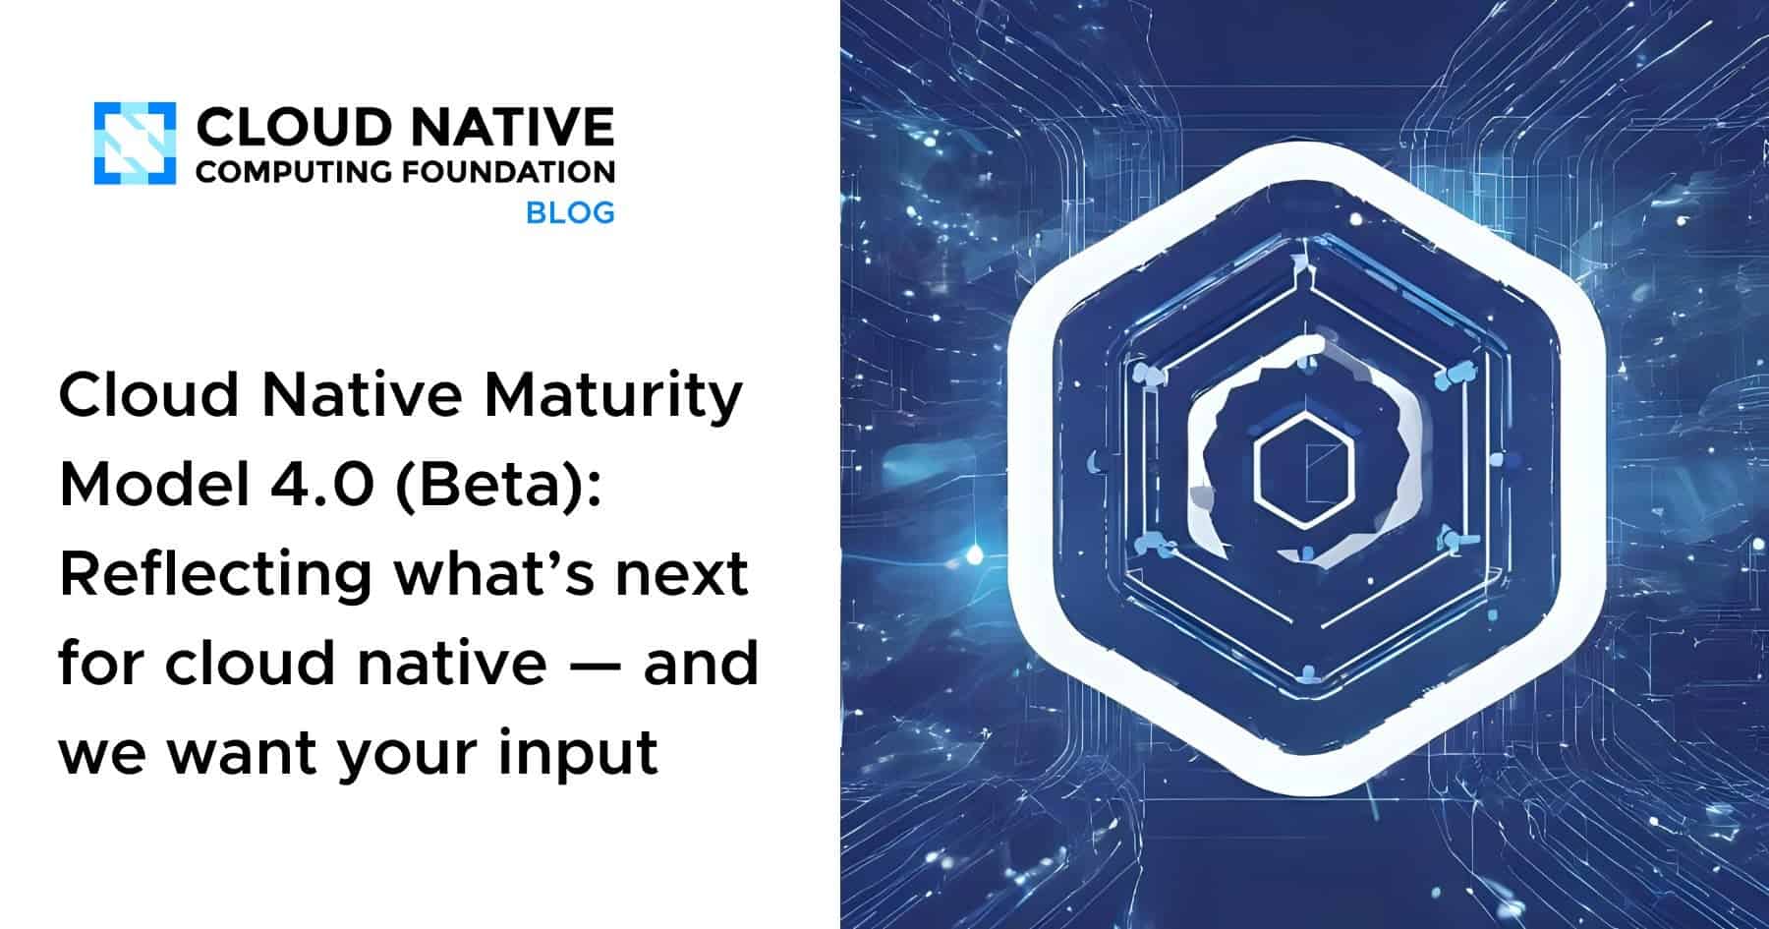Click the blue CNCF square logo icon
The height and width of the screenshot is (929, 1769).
coord(135,144)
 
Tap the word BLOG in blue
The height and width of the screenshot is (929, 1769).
coord(570,212)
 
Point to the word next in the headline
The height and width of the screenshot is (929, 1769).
coord(682,574)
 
